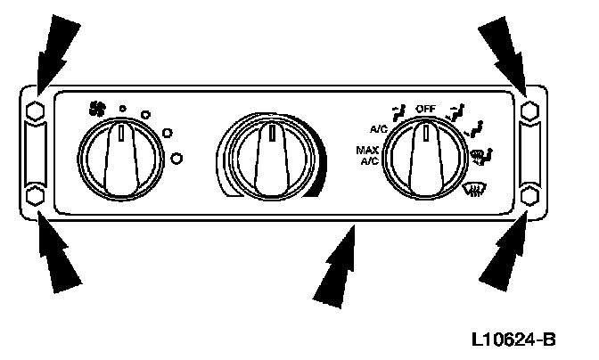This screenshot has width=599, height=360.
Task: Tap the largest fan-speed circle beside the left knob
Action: pyautogui.click(x=176, y=158)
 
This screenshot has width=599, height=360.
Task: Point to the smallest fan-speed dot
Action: pyautogui.click(x=123, y=109)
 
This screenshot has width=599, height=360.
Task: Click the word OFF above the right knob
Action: pyautogui.click(x=425, y=109)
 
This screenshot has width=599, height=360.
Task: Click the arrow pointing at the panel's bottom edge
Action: pyautogui.click(x=337, y=272)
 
